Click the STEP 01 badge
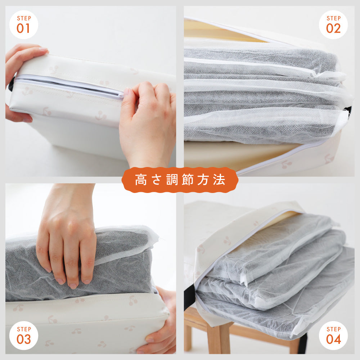point(24,24)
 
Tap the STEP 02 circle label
point(333,24)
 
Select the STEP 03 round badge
point(24,336)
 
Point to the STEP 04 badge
point(333,336)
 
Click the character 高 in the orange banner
point(141,180)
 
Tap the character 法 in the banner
point(219,180)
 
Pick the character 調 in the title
point(172,180)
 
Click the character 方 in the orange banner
point(203,180)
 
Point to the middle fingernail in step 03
point(73,286)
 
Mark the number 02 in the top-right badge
point(333,28)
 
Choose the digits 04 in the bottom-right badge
point(333,339)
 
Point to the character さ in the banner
point(156,180)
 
